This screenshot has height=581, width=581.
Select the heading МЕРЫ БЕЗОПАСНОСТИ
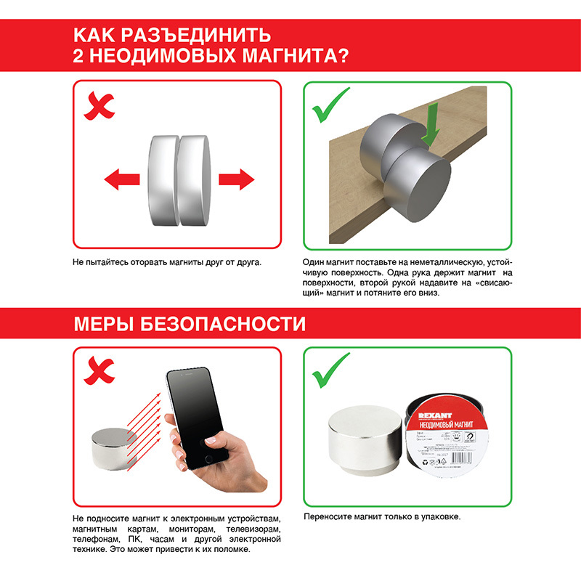point(190,323)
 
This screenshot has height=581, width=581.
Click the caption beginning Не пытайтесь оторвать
point(166,261)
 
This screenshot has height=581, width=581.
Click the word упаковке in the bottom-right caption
point(442,517)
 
